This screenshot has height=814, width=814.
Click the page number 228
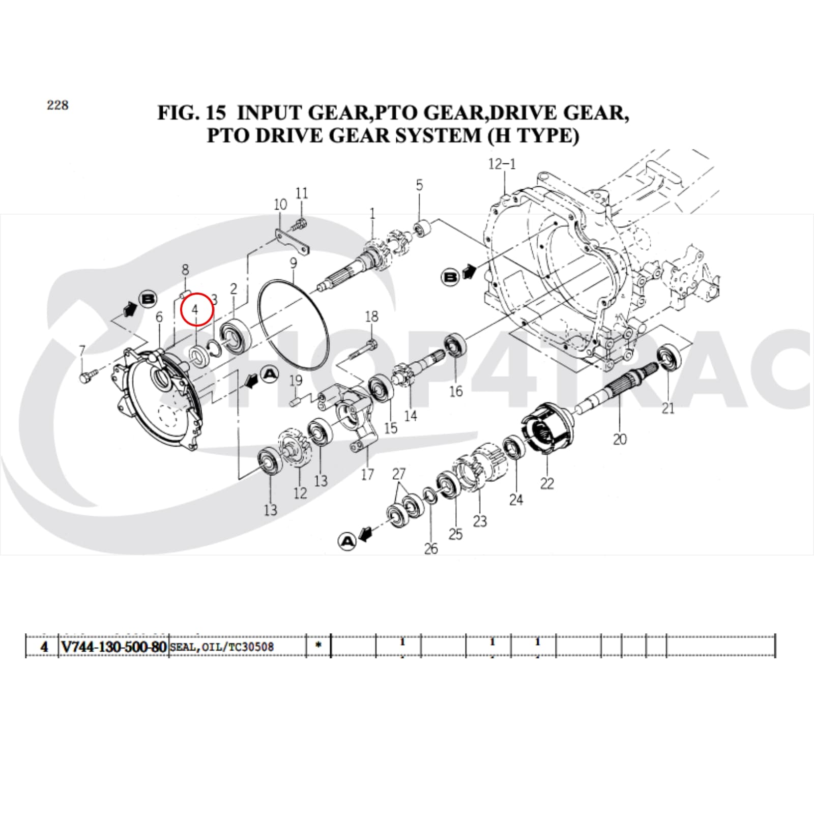point(57,105)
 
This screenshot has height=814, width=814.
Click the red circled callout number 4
point(196,309)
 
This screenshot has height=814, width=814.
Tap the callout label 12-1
point(502,164)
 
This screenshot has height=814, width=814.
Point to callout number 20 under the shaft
point(620,439)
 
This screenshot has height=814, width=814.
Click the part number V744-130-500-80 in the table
point(114,647)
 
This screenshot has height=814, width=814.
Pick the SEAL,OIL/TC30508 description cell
point(222,647)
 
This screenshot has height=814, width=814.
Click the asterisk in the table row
point(318,646)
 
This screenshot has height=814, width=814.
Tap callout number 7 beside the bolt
point(82,351)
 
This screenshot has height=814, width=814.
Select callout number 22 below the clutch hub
point(547,483)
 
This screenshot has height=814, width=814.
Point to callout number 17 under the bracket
point(367,474)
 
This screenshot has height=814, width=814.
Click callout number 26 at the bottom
point(431,548)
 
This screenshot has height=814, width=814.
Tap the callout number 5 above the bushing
point(419,185)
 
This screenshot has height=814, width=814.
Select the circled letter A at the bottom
point(347,541)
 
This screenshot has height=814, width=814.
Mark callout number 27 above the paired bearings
point(399,474)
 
